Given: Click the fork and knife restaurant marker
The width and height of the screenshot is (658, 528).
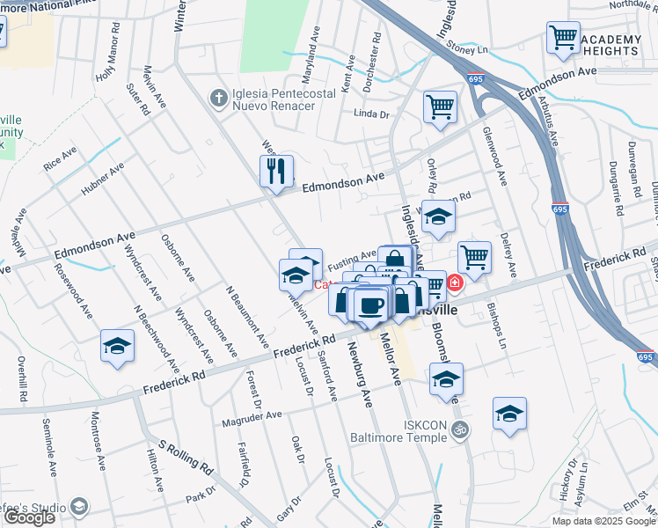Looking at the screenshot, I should pos(276,171).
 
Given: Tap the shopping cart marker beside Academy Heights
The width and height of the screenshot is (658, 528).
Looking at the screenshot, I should pos(562,39).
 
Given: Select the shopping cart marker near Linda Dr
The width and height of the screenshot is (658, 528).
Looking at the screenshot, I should pos(440,108).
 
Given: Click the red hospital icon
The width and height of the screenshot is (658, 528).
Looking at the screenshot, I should pos(455,282).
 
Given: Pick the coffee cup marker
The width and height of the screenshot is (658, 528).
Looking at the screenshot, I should pos(371,304).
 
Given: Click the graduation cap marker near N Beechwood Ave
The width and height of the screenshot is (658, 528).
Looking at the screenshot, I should pos(117,347).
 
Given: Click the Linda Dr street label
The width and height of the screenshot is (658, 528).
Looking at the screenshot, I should pos(370,114).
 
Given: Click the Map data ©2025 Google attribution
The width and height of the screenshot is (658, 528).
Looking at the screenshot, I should pos(603,521).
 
